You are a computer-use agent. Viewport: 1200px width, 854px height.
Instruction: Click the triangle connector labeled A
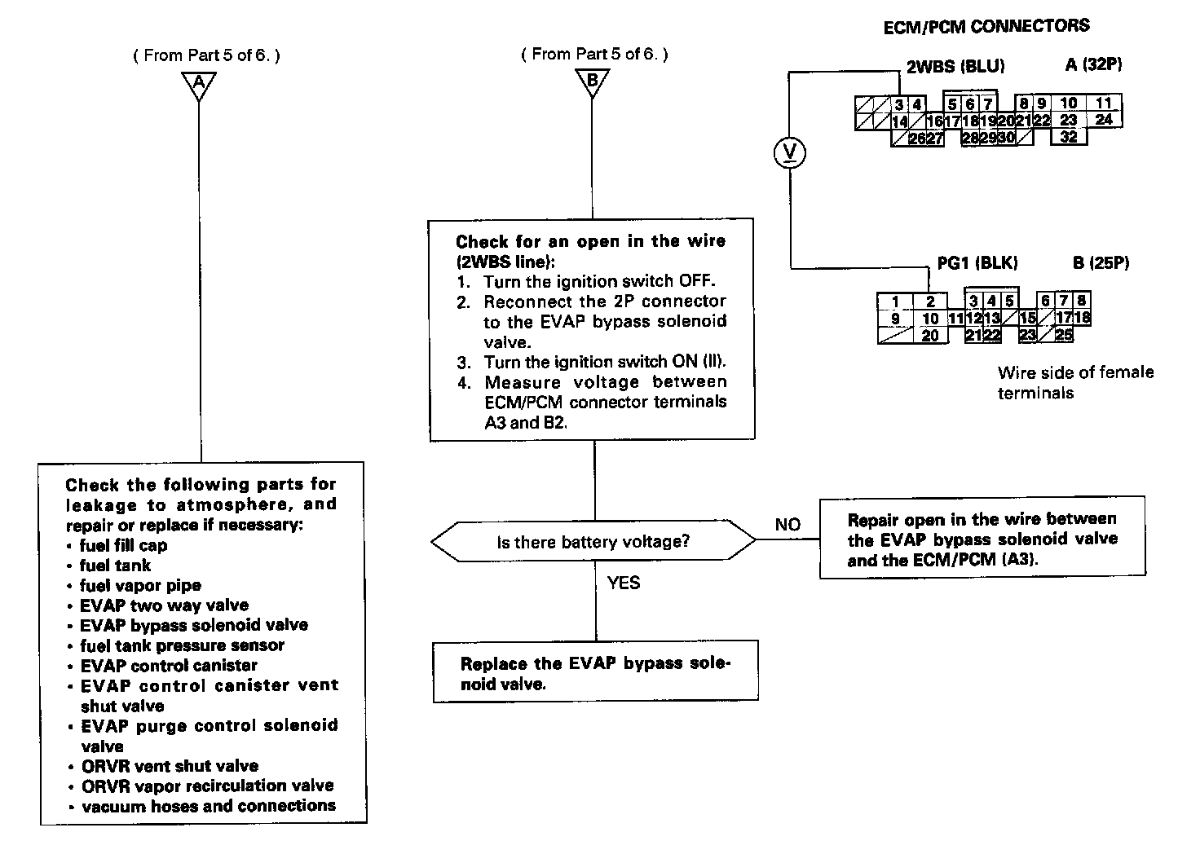point(199,82)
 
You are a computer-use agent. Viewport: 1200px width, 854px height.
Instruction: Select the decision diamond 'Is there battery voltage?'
point(593,541)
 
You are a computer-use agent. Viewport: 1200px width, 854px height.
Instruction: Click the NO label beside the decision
point(787,525)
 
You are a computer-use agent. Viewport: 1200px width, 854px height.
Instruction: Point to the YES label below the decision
point(624,583)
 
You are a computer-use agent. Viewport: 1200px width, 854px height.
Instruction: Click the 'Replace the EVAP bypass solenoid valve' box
point(595,673)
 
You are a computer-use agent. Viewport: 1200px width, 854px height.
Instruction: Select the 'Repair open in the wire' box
point(982,539)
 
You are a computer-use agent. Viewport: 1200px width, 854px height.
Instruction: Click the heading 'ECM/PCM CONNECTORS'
point(986,27)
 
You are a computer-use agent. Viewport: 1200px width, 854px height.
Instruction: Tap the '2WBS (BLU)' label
point(955,67)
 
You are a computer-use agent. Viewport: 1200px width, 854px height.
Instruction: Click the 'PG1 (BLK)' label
point(977,263)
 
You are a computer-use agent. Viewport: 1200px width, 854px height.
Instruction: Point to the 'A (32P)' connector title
point(1093,65)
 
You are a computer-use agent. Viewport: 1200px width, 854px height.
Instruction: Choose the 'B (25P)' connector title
point(1101,263)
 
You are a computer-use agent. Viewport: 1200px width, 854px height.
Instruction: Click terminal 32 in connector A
point(1068,137)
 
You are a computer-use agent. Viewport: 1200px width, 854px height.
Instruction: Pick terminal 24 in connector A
point(1103,120)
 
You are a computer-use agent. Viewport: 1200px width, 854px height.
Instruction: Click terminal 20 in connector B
point(930,335)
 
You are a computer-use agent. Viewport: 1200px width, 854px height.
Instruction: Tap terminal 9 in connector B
point(895,319)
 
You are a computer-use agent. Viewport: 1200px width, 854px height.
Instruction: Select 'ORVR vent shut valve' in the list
point(170,767)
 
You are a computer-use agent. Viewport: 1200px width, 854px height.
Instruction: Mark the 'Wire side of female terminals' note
point(1075,382)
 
